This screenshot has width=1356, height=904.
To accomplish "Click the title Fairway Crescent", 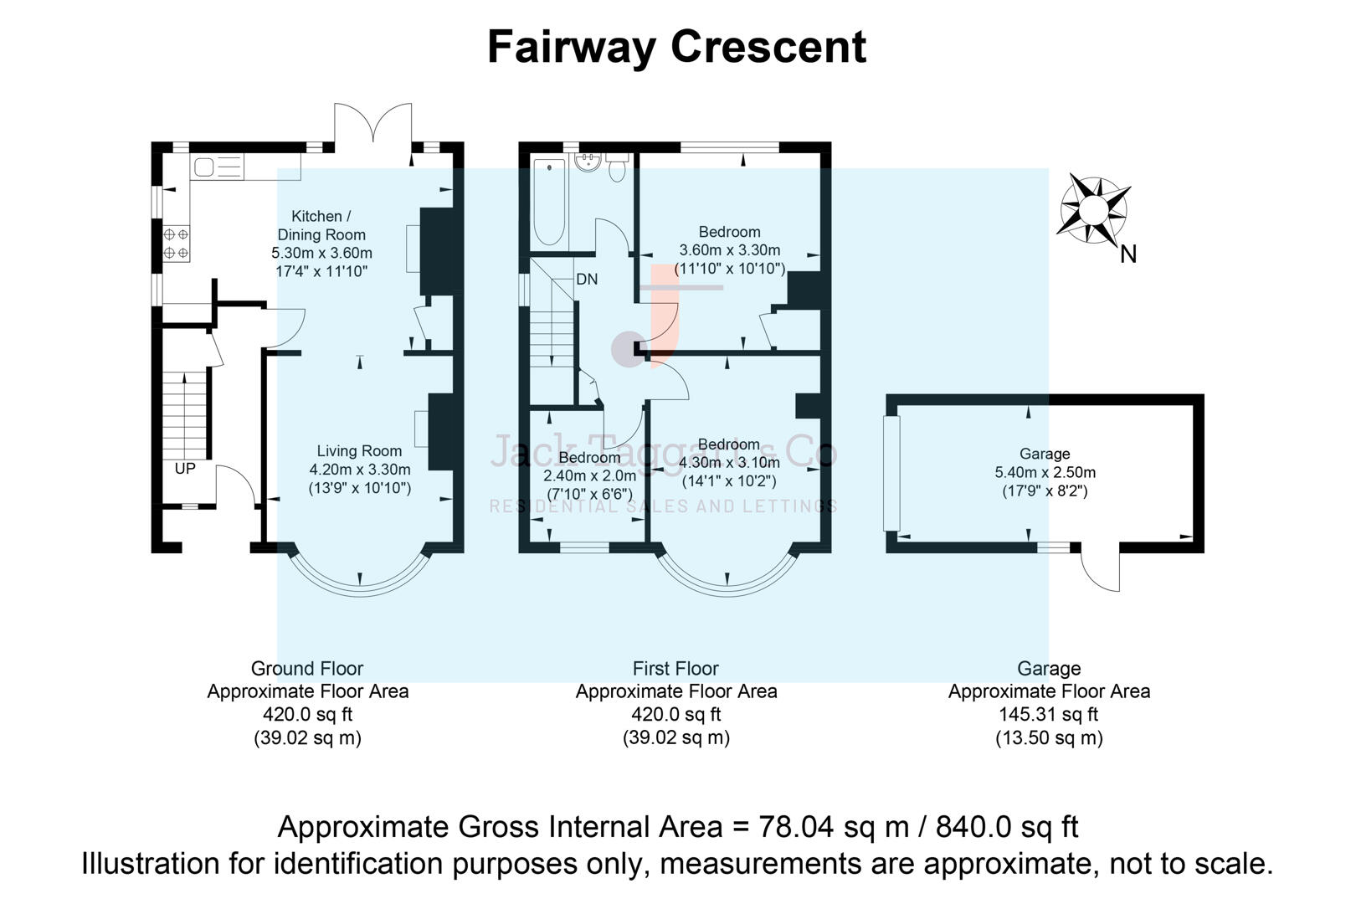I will pos(676,47).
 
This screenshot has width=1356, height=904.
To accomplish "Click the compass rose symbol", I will pos(1093,209).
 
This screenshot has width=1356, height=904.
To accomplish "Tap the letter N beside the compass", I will pos(1128,254).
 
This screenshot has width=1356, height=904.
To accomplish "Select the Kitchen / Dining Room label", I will pos(321,226).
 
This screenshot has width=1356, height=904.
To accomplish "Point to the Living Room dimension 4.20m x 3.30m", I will pos(360,470).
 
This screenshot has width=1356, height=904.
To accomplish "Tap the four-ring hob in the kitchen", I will pos(176,244).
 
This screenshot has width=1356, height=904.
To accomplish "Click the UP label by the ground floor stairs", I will pos(185,469).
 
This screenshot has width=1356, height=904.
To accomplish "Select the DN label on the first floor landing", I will pos(587,280).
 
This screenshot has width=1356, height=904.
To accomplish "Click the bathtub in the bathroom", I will pos(549,201).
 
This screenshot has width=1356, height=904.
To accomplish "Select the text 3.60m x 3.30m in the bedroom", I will pos(729,250).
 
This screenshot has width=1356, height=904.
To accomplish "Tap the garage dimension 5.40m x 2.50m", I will pos(1045,473).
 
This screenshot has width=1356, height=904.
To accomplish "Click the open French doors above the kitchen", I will pos(373,126).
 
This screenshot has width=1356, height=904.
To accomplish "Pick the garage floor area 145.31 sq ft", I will pos(1048,715).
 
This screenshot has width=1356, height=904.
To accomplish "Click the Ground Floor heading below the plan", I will pos(307,669).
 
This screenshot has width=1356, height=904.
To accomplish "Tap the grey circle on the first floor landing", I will pos(627,350).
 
